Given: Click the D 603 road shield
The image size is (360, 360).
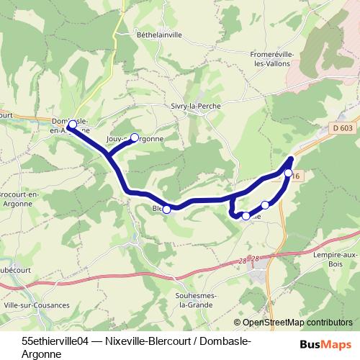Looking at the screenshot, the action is click(343, 128).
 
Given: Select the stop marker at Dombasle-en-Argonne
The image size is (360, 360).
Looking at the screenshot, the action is click(72, 125).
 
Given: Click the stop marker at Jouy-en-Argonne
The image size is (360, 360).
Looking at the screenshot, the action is click(134, 137).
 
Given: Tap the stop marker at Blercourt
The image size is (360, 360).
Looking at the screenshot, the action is click(167, 210).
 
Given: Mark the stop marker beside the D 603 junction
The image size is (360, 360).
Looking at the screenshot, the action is click(288, 173).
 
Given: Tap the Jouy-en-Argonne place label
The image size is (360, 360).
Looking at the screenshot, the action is click(135, 139).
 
